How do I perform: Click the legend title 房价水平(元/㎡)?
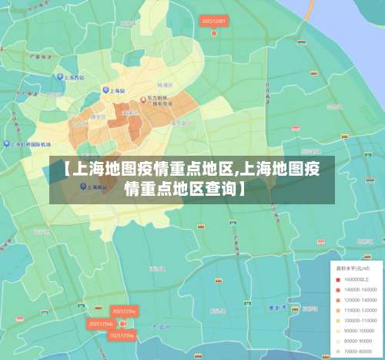pos(350,267)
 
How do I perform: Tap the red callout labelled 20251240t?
pos(213,22)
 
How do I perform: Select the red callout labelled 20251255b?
pos(100,324)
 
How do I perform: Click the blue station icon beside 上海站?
pos(106,90)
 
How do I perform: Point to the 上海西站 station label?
pos(73,77)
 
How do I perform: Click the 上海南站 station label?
pos(98,186)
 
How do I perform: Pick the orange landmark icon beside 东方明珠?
pos(142,99)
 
